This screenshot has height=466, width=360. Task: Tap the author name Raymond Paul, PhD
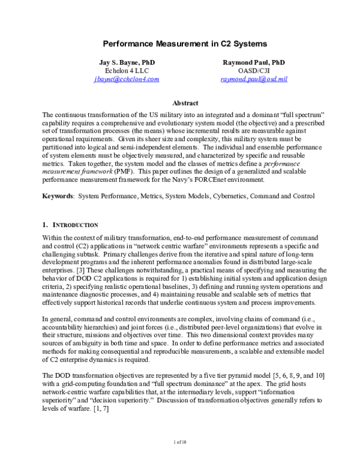253,62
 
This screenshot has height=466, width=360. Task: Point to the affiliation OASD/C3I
253,71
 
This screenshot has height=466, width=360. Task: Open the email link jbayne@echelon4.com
127,79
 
